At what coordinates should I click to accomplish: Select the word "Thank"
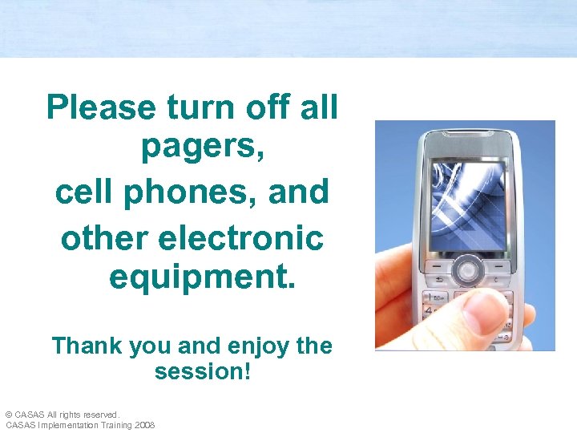point(86,346)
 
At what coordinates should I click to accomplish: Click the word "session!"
point(203,373)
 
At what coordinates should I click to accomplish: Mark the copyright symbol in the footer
point(9,415)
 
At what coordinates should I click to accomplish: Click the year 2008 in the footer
point(145,425)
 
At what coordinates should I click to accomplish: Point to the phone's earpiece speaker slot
point(468,144)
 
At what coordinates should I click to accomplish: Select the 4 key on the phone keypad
point(434,310)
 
